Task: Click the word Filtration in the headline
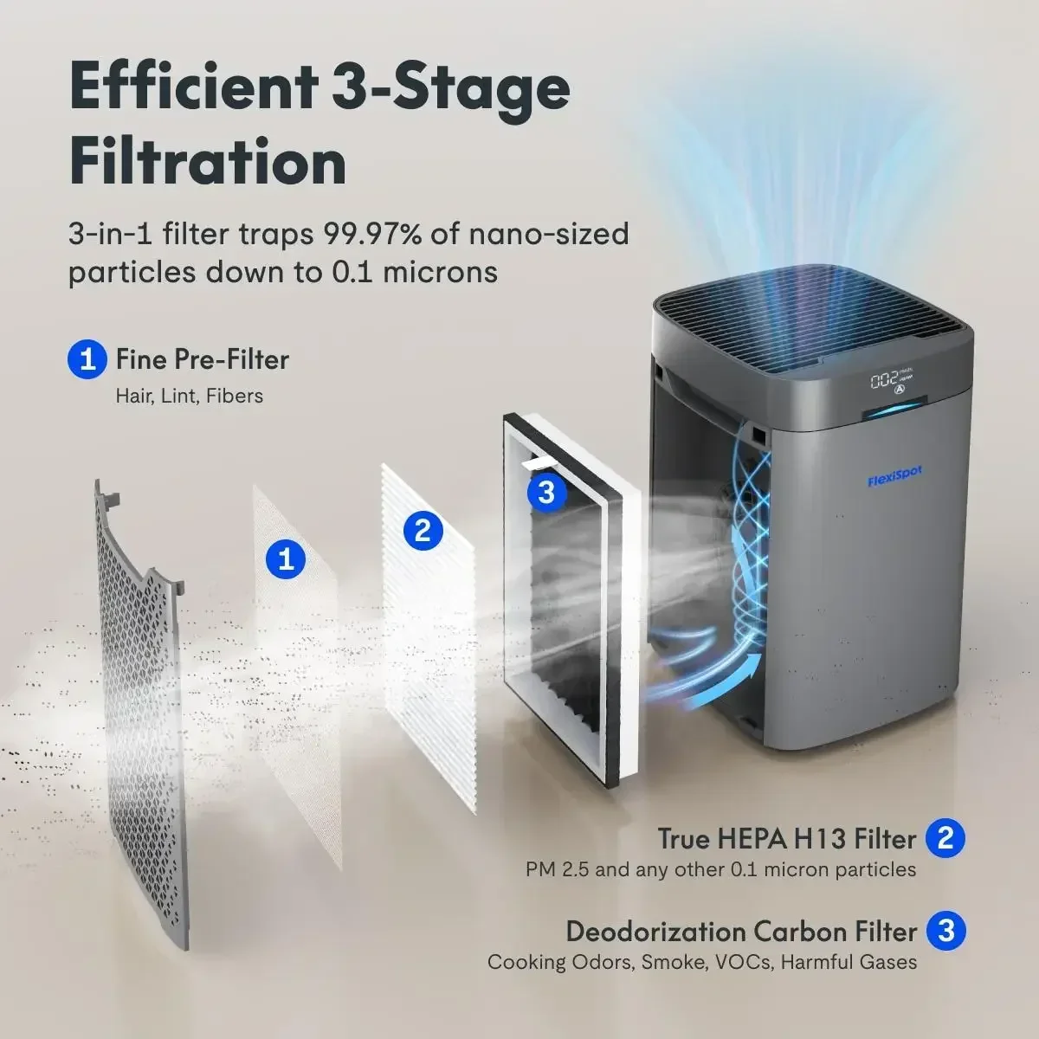[x=208, y=161]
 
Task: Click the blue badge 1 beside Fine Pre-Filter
[x=87, y=358]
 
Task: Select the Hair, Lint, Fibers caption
[x=190, y=396]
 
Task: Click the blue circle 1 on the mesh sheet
[x=286, y=558]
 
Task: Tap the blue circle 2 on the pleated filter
[x=423, y=529]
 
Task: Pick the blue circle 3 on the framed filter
[x=546, y=492]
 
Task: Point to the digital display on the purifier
[x=892, y=381]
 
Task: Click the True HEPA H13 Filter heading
[x=786, y=838]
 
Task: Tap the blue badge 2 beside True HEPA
[x=945, y=837]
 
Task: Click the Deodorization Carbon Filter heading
[x=740, y=932]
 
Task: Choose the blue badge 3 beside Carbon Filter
[x=945, y=931]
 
